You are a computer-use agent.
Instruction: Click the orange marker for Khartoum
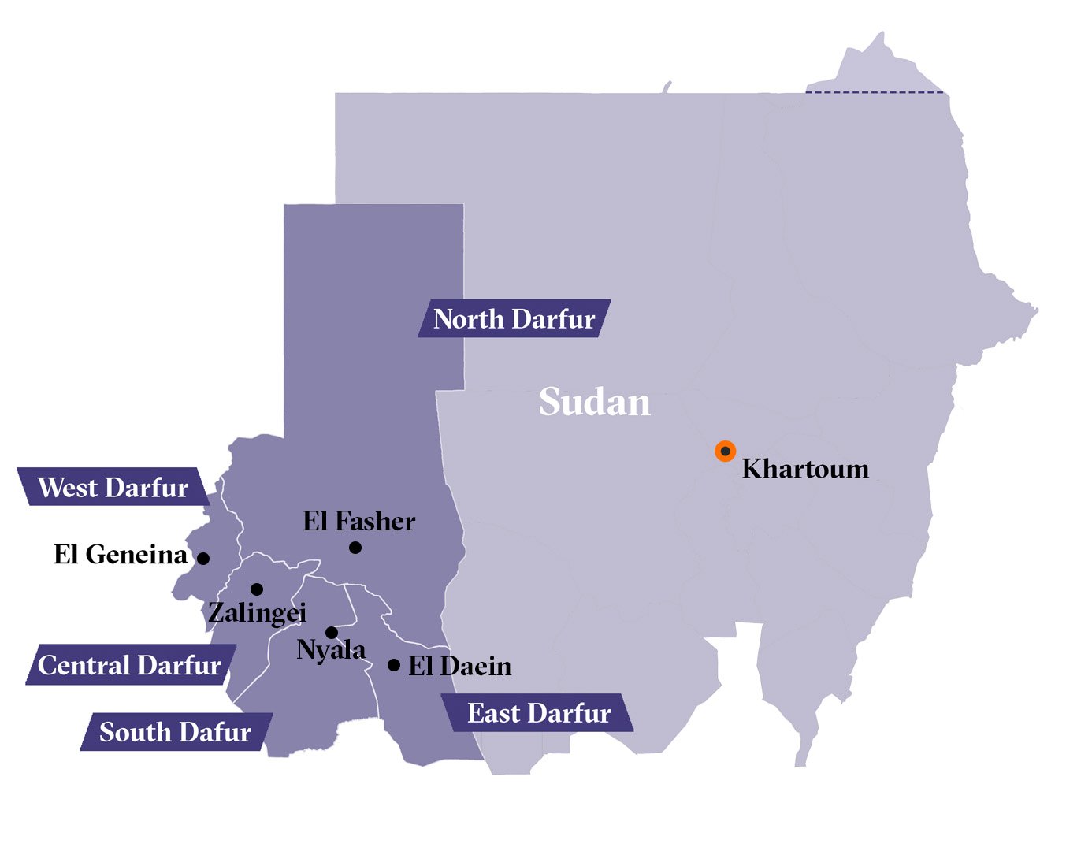tap(725, 451)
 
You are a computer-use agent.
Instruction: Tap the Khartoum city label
tap(805, 469)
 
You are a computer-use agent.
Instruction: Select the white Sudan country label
tap(595, 402)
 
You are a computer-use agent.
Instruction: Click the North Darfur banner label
tap(514, 319)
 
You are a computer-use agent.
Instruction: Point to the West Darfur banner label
tap(113, 488)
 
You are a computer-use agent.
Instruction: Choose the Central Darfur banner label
tap(129, 665)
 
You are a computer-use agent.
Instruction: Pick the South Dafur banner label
tap(175, 732)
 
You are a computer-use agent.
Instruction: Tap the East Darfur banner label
tap(539, 713)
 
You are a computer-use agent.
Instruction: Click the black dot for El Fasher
tap(355, 547)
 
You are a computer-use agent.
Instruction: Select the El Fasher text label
tap(358, 521)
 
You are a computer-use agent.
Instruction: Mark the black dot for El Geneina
tap(203, 558)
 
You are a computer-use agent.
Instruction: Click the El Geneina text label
tap(120, 555)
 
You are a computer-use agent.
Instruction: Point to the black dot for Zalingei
tap(257, 589)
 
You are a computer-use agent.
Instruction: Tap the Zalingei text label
tap(257, 612)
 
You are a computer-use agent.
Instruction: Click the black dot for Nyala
tap(332, 632)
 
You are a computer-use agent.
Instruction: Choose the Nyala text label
tap(331, 650)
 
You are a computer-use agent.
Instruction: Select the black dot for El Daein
tap(394, 665)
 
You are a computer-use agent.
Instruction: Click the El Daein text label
tap(459, 667)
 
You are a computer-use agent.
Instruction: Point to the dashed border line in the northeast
tap(875, 92)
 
